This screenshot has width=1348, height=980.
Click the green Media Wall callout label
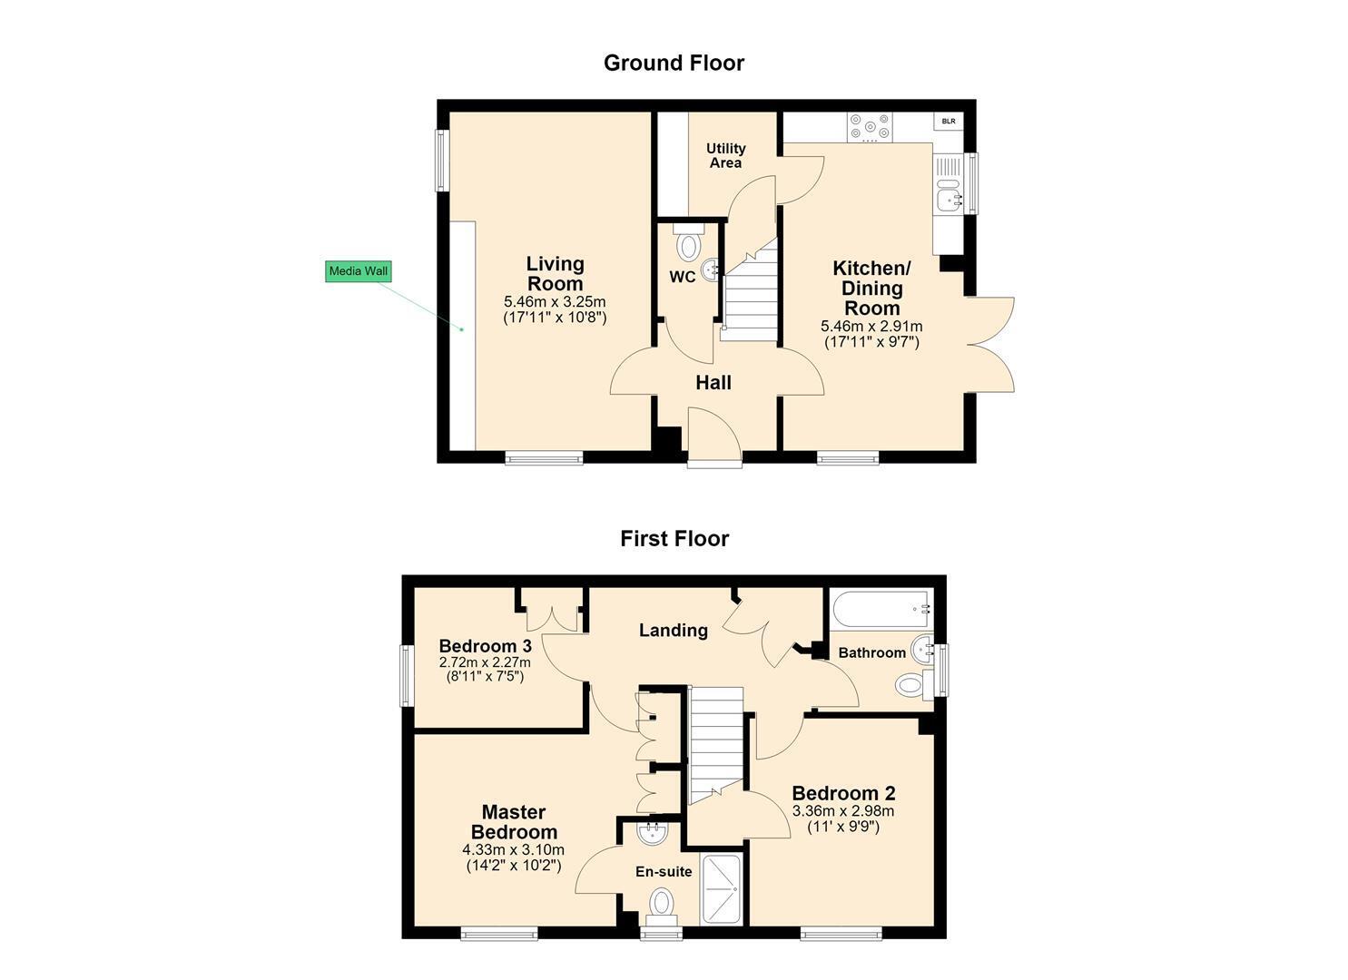click(358, 270)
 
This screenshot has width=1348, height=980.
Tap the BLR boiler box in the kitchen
click(949, 121)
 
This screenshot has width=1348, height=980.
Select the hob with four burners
click(869, 128)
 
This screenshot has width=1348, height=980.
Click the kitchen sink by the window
click(949, 195)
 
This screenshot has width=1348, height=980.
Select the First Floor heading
click(674, 538)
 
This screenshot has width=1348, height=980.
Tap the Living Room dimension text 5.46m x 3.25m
click(555, 301)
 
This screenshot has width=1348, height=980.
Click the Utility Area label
click(726, 155)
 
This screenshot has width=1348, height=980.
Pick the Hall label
click(713, 383)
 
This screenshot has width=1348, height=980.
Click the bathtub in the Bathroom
click(881, 609)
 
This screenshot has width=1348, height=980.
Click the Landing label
click(674, 630)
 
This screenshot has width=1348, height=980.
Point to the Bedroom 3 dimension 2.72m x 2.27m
click(485, 662)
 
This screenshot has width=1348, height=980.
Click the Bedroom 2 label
click(843, 793)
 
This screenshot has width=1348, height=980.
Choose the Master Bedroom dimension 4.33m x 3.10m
click(513, 850)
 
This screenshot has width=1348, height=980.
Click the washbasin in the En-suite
click(653, 834)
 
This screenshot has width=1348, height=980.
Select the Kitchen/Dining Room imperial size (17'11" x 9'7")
click(871, 342)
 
